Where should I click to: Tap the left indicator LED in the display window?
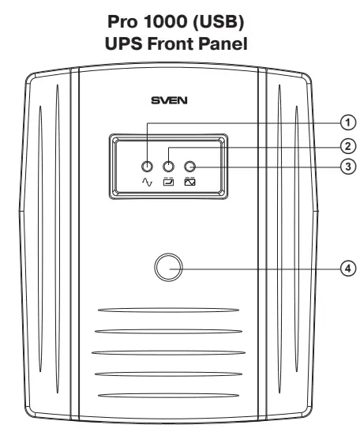coord(147,167)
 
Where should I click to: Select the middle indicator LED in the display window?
coord(168,167)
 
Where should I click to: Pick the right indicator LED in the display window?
coord(189,167)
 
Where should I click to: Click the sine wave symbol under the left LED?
coord(147,182)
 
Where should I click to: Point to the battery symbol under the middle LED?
coord(168,182)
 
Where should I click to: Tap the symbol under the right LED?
coord(189,182)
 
